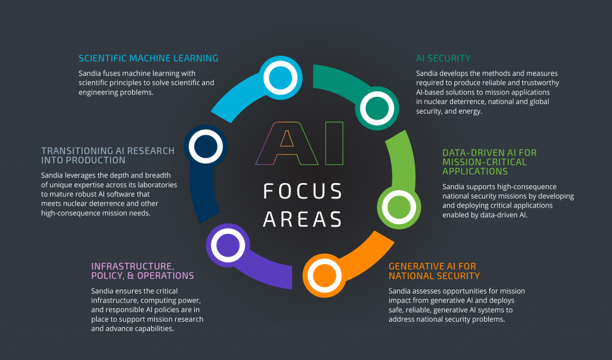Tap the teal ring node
377,108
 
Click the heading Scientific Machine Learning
148,58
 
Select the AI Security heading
443,58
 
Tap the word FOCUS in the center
303,191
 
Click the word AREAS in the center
303,218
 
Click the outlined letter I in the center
333,143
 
